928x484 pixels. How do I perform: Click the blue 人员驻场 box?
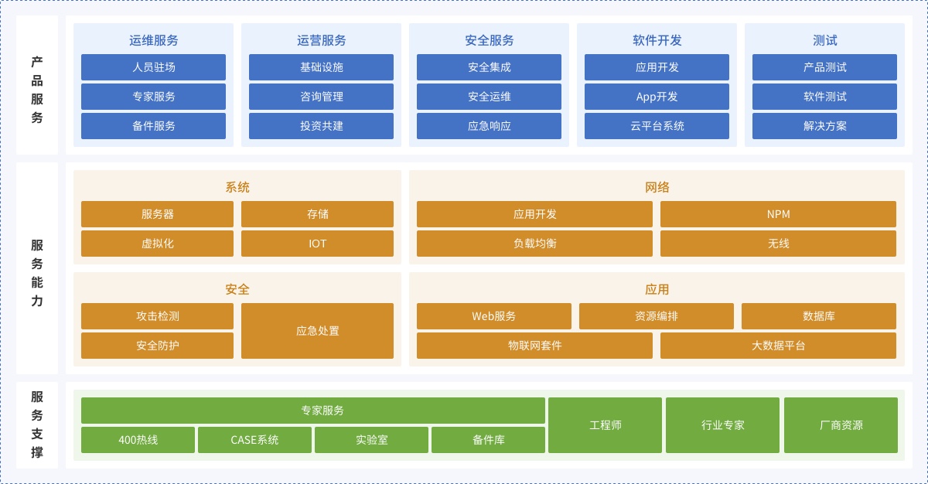(x=153, y=67)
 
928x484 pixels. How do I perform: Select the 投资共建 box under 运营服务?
(x=321, y=126)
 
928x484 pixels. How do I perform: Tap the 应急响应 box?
(x=489, y=126)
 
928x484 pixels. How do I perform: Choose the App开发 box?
(x=657, y=97)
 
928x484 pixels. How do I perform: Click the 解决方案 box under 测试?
(x=824, y=126)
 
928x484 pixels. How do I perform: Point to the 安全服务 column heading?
(x=489, y=40)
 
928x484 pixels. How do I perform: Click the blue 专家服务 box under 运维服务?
(x=153, y=97)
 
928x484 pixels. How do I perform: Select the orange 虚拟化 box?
(x=158, y=244)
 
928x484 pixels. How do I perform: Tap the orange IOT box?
(x=317, y=244)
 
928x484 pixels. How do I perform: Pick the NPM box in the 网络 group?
(x=778, y=214)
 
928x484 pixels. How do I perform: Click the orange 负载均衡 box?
(x=534, y=244)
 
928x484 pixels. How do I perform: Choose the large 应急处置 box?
(x=317, y=331)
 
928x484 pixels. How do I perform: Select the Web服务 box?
(x=494, y=316)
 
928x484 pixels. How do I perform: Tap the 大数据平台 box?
(x=778, y=346)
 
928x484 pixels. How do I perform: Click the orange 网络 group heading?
(x=657, y=187)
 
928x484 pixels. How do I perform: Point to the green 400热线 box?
(x=138, y=440)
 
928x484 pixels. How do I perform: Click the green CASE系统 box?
(x=254, y=440)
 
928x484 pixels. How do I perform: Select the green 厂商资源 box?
(x=841, y=425)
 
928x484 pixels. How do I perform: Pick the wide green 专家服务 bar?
(x=313, y=411)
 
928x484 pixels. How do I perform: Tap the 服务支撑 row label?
(x=37, y=424)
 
